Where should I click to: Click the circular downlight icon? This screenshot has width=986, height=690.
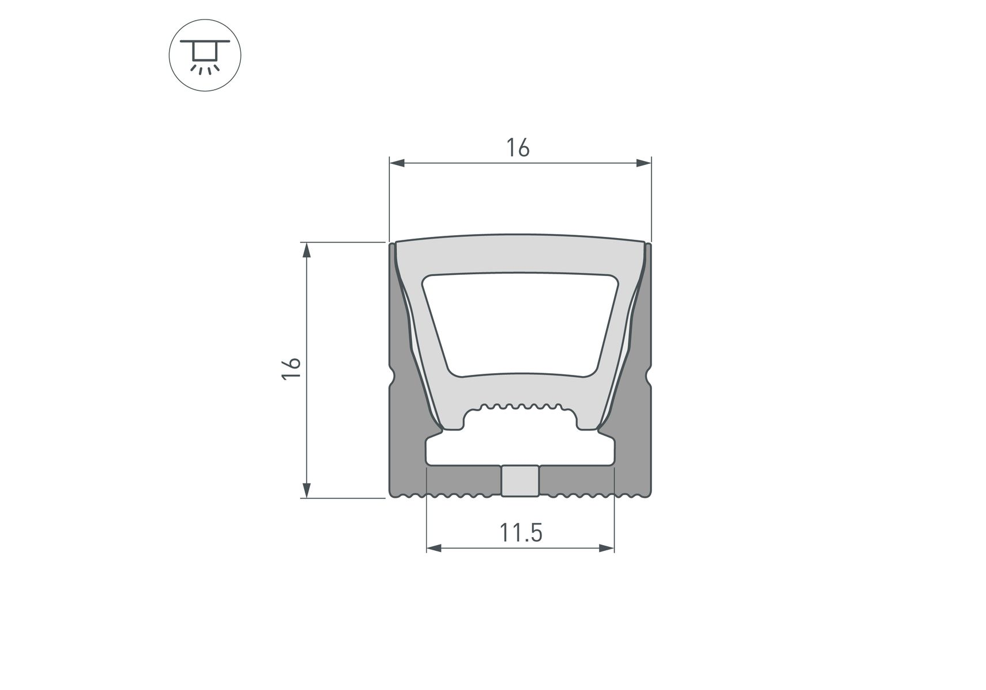pos(205,56)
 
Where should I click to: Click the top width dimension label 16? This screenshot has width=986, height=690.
pos(518,148)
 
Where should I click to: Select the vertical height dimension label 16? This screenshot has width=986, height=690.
pos(292,368)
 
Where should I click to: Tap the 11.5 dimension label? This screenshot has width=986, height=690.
pos(521,533)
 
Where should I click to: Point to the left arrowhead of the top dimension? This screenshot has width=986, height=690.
pos(398,164)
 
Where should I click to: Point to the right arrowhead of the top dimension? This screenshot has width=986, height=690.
pos(643,164)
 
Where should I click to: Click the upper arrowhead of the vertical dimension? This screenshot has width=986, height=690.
pos(307,251)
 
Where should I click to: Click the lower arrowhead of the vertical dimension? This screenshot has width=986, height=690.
pos(307,490)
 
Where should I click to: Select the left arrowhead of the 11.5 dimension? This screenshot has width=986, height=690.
pos(435,548)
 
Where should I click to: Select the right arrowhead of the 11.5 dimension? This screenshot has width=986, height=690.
pos(607,548)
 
